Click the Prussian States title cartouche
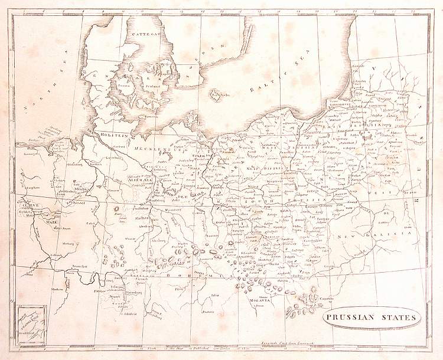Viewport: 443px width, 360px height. coord(372,318)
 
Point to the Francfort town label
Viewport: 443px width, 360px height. coord(80,266)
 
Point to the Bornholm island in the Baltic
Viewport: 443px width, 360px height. coord(217,95)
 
